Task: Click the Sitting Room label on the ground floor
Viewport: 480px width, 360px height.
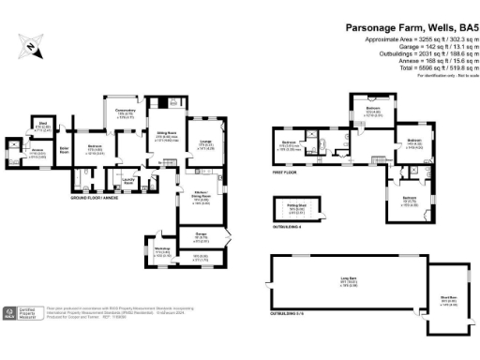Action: pyautogui.click(x=167, y=136)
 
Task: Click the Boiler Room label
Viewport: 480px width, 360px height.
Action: pyautogui.click(x=65, y=148)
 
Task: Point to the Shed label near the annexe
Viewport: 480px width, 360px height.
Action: pyautogui.click(x=42, y=124)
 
